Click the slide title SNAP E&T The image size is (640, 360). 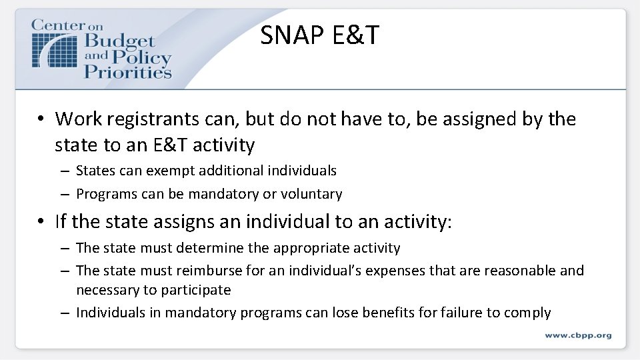pyautogui.click(x=319, y=35)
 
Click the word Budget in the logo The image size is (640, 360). pyautogui.click(x=119, y=43)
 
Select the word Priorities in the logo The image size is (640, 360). pyautogui.click(x=128, y=71)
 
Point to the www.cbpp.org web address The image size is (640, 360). pyautogui.click(x=577, y=335)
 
